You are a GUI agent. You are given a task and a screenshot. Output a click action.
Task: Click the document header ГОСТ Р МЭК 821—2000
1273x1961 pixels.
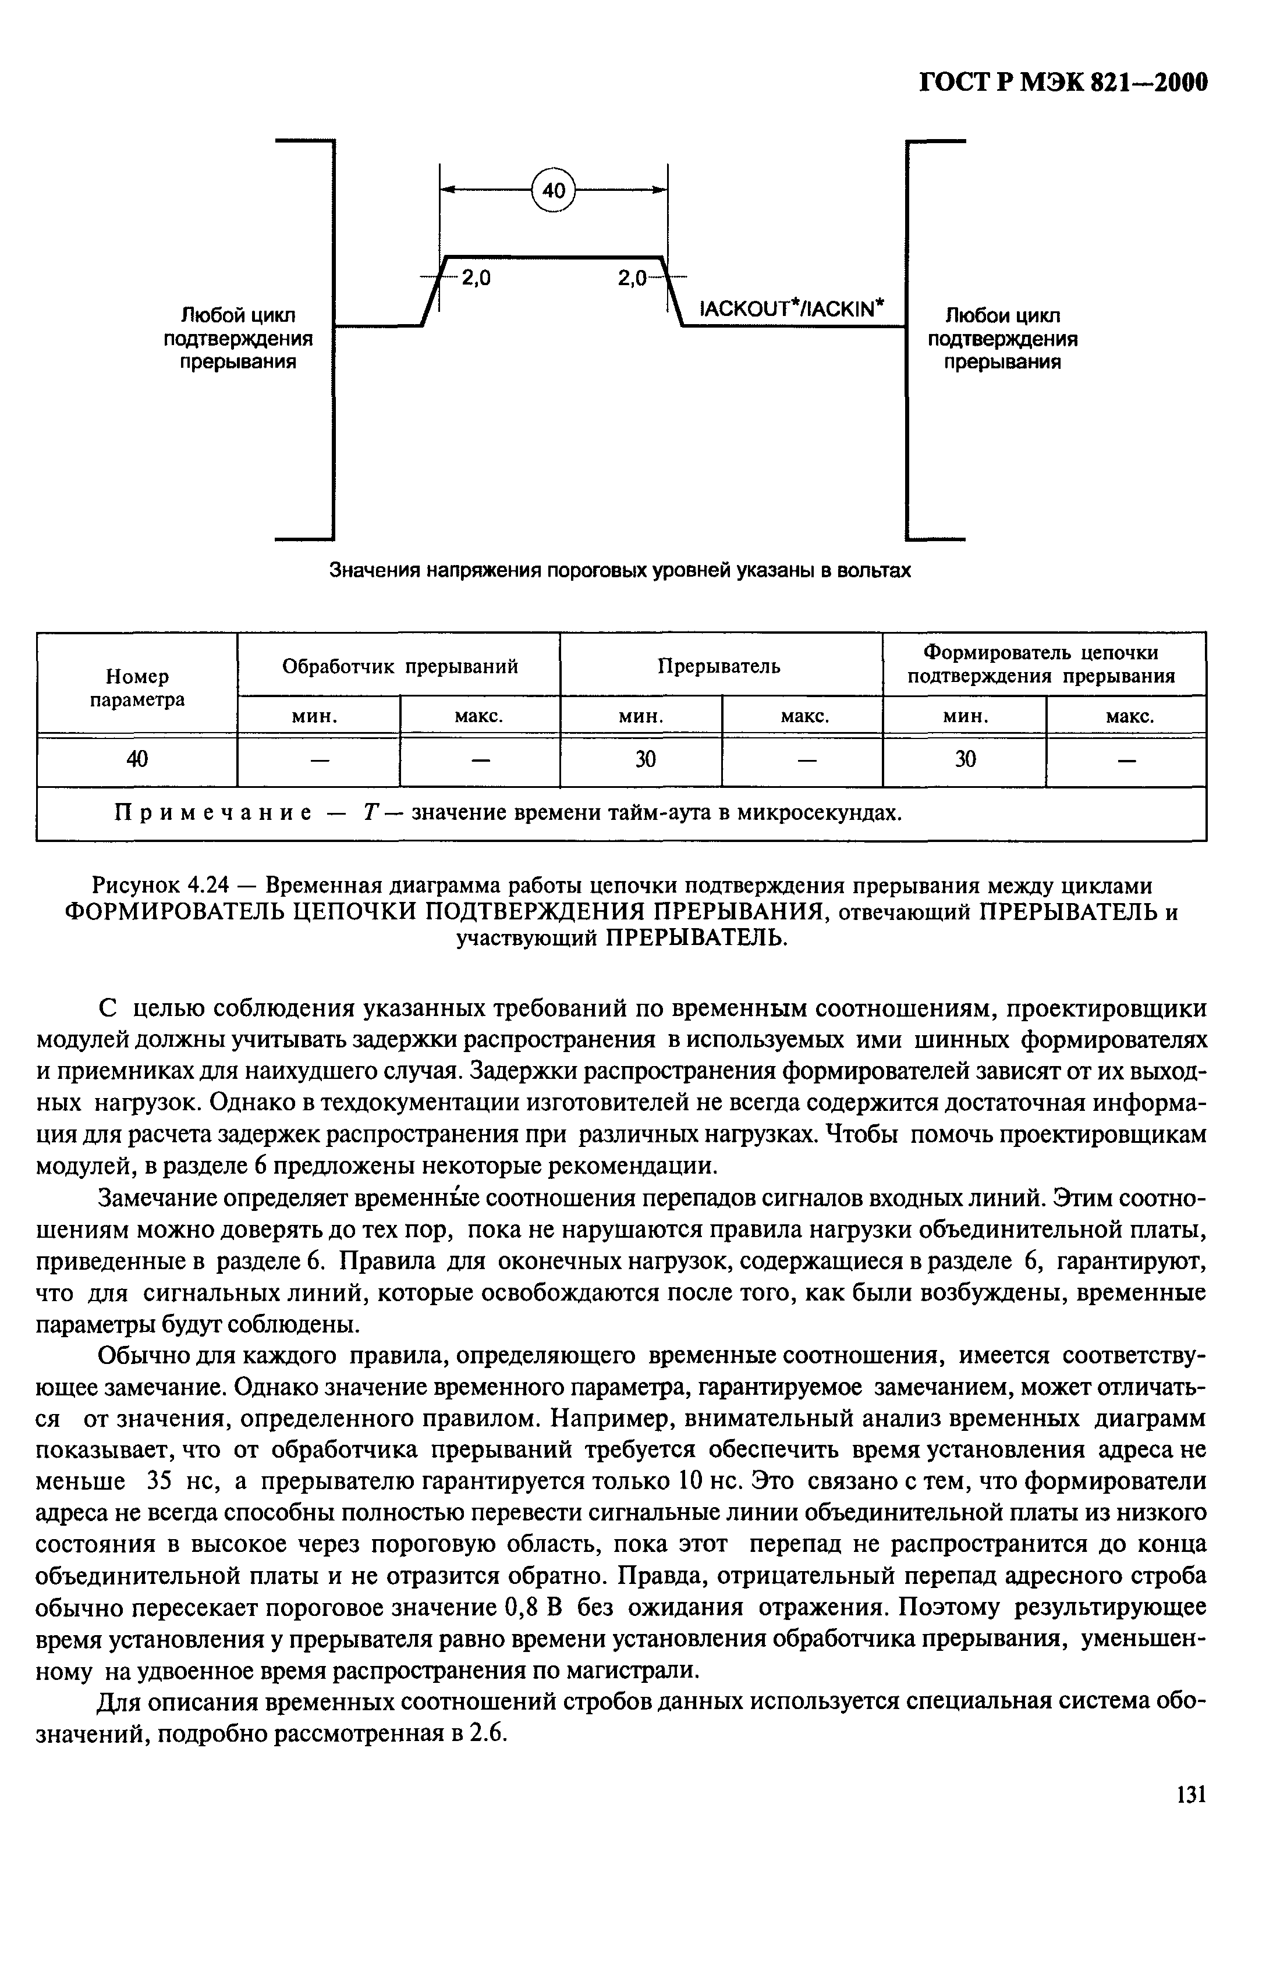click(1062, 84)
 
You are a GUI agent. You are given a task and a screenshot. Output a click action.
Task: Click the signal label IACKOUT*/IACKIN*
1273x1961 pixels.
click(792, 309)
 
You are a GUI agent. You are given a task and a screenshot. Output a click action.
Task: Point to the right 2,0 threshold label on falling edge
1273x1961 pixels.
click(632, 279)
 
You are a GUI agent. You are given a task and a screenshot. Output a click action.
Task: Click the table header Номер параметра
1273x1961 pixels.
click(137, 687)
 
